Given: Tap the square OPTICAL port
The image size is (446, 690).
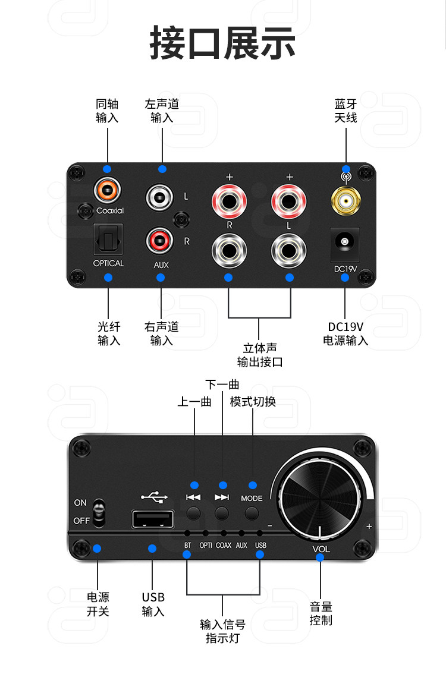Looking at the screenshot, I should point(108,240).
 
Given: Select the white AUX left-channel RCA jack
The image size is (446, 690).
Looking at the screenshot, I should point(160,196).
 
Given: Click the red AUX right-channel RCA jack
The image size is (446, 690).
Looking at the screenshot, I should point(160,241).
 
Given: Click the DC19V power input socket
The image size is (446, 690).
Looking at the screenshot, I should point(344,242).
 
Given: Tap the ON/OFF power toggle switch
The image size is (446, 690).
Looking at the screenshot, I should point(100,512).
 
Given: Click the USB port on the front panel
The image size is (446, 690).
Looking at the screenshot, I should point(153,519).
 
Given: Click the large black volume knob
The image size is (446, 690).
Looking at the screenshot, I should point(321,496).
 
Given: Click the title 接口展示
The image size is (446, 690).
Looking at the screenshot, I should point(222,43).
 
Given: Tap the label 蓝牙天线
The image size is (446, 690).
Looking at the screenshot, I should point(346,111).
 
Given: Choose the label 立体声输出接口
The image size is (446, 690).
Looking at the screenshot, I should point(259,355).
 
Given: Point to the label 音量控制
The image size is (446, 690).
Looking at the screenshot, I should point(321,613).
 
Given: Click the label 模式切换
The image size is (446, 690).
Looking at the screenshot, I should point(253,402).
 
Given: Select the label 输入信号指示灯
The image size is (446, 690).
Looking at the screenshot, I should point(222,631).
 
